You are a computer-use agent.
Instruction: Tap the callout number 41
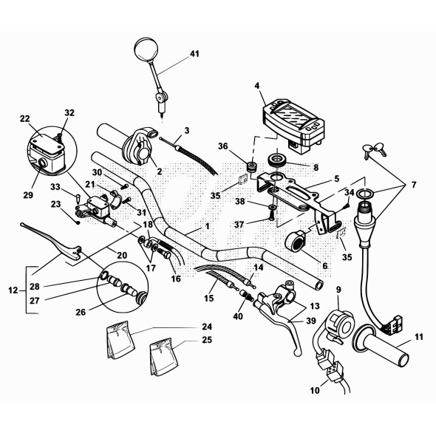point(194,55)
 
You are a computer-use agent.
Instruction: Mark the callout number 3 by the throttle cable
point(188,130)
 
